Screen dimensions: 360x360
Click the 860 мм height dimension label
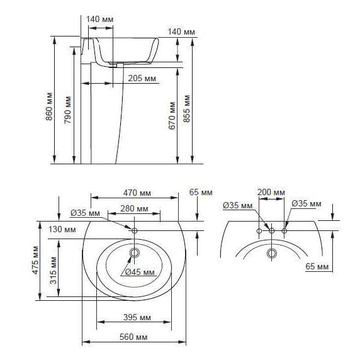click(x=49, y=106)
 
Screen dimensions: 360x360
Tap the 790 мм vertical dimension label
click(x=67, y=110)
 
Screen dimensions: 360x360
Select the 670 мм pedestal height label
click(x=172, y=116)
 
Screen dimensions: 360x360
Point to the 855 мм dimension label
click(x=187, y=109)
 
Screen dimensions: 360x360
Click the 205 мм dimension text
click(x=142, y=78)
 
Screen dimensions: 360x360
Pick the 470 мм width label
click(x=137, y=193)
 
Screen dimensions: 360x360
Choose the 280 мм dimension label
click(x=134, y=208)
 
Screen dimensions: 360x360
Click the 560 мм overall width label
click(x=133, y=337)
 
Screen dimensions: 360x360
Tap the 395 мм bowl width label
click(x=137, y=317)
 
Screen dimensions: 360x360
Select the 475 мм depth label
click(x=36, y=260)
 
